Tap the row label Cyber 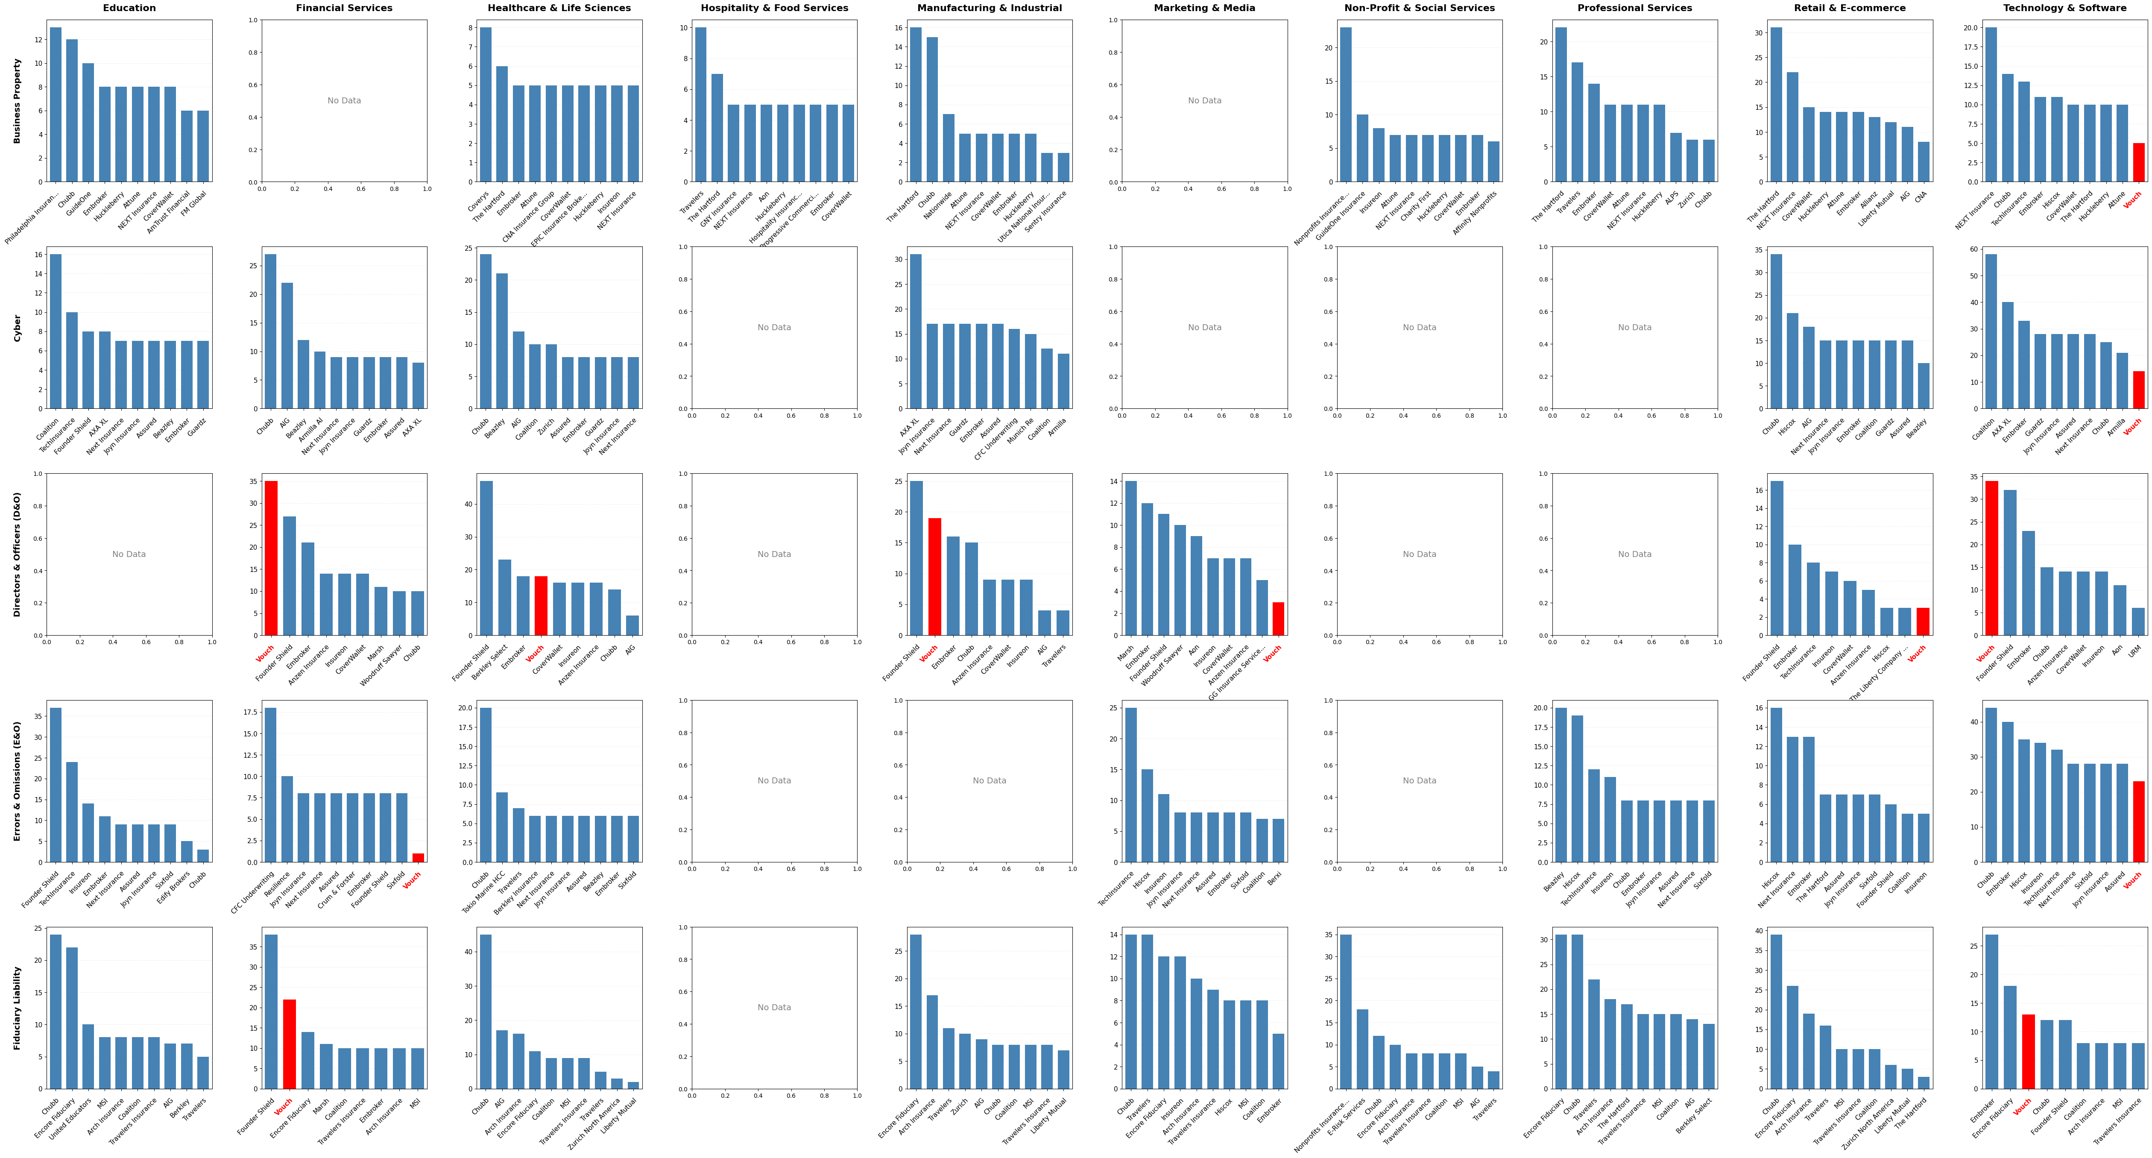(x=17, y=328)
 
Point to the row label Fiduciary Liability (x=17, y=1008)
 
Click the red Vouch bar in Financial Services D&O (x=271, y=558)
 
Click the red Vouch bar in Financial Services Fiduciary (x=289, y=1044)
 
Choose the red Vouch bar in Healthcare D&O (x=541, y=606)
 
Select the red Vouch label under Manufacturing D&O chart (x=928, y=654)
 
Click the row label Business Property (x=17, y=100)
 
